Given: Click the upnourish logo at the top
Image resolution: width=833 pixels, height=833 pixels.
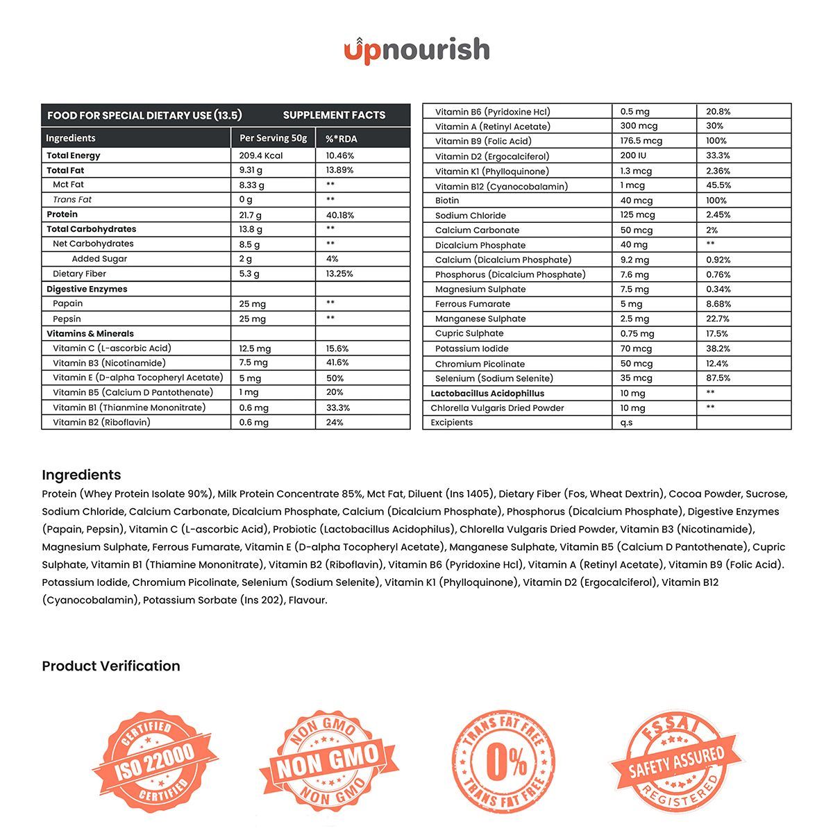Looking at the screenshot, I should [x=416, y=50].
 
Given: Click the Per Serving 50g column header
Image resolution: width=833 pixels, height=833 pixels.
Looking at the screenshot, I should [x=273, y=138].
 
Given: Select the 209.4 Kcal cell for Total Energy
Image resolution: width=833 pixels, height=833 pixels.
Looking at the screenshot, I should [x=261, y=155].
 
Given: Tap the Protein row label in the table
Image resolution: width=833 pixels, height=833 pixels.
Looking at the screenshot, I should [x=62, y=214].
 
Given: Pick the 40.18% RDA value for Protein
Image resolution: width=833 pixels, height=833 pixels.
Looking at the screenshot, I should [x=340, y=215].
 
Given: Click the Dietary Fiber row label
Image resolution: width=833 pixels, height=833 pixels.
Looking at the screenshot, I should [x=79, y=274].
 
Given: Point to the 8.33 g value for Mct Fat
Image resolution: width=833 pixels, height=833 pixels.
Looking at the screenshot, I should [x=251, y=185].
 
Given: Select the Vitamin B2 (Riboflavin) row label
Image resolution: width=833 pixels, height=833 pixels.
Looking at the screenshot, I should [x=101, y=422].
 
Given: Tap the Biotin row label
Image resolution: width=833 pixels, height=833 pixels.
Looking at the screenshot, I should [x=447, y=201].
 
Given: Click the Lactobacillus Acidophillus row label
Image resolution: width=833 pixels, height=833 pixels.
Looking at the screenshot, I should [x=487, y=394].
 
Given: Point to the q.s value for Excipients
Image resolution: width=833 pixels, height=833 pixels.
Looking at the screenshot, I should [x=626, y=423].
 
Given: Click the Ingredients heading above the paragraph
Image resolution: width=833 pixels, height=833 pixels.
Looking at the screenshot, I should [x=81, y=475].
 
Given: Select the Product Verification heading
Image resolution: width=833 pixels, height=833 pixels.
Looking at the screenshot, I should [x=111, y=666].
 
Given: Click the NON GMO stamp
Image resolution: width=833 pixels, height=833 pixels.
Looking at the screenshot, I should [x=328, y=762].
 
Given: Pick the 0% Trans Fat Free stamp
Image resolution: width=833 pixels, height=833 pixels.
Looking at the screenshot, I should [x=505, y=762].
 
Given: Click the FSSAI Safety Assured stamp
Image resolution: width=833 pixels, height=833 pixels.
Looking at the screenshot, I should [x=676, y=762].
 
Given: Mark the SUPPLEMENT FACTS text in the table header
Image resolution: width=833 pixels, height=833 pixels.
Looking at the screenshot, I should [x=334, y=115].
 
